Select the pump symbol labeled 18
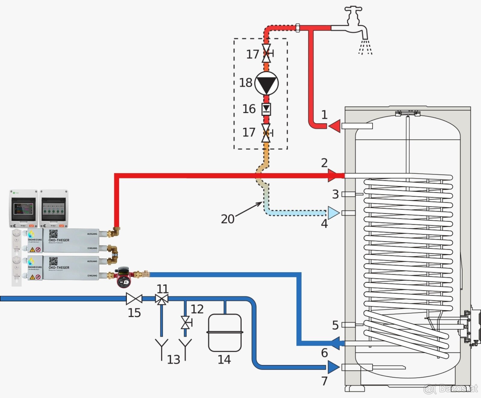266,83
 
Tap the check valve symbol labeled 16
266,109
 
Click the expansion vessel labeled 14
225,332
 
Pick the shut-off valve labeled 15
134,299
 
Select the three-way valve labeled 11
162,299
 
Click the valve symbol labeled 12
185,323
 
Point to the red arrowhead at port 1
334,126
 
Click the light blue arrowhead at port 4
333,213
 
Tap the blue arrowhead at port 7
333,367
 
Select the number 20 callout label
228,219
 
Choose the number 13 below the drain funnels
173,359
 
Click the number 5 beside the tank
335,325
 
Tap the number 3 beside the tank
335,194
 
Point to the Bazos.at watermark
451,389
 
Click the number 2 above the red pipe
324,163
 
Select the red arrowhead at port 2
333,175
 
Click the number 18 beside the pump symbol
246,83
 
